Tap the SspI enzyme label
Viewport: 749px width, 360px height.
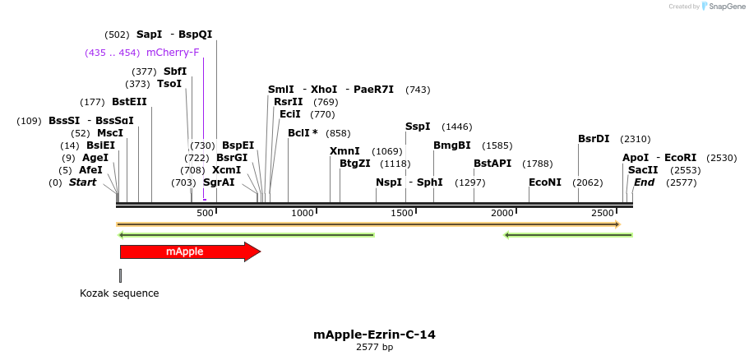coord(418,127)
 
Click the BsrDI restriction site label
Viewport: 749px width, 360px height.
coord(594,139)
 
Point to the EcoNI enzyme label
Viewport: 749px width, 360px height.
coord(545,182)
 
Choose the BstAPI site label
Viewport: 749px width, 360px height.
coord(492,164)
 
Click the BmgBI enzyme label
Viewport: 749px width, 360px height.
coord(452,145)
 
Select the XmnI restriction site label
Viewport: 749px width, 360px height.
coord(344,151)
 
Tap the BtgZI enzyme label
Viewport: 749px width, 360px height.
coord(355,164)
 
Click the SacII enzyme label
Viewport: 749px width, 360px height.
coord(642,170)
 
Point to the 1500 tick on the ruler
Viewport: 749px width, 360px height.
coord(403,213)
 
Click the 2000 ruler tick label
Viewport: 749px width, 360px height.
coord(502,213)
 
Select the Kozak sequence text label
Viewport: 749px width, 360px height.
coord(119,293)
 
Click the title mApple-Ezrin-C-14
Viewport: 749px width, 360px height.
coord(374,335)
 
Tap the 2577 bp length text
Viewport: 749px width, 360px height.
coord(374,348)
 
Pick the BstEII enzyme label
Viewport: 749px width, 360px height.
coord(129,102)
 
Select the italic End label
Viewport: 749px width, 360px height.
coord(644,182)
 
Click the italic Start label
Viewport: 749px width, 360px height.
coord(82,182)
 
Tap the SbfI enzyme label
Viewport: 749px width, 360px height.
coord(175,72)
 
